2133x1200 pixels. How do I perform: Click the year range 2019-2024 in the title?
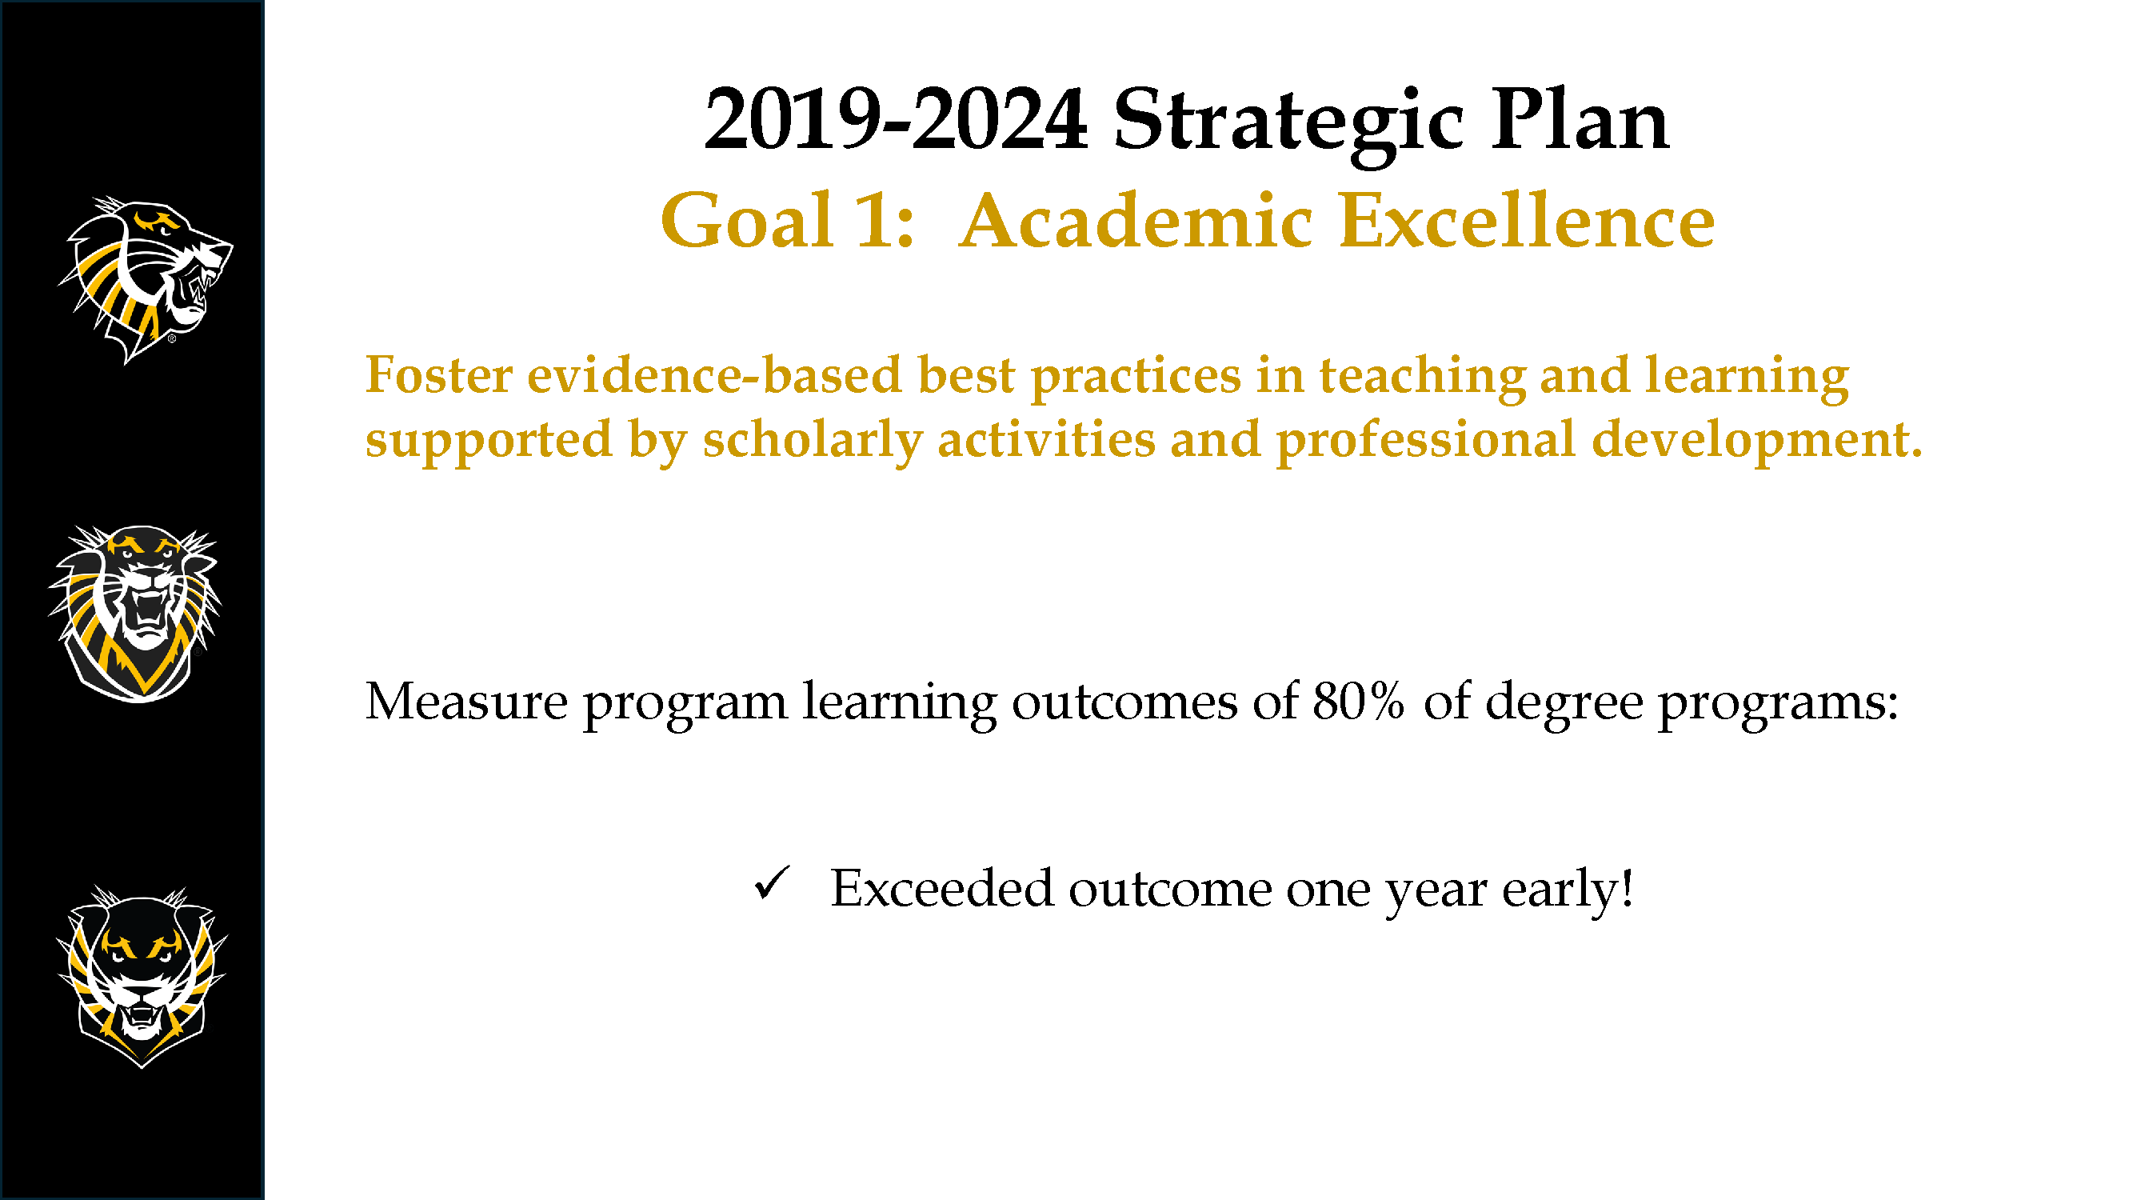pos(895,121)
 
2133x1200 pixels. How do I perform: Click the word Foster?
pos(439,374)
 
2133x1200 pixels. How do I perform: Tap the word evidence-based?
pos(713,374)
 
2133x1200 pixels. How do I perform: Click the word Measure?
pos(466,702)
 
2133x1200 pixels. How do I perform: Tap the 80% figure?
pos(1358,702)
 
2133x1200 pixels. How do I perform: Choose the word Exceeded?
pos(942,888)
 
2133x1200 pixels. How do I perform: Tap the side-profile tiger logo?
pos(146,280)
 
